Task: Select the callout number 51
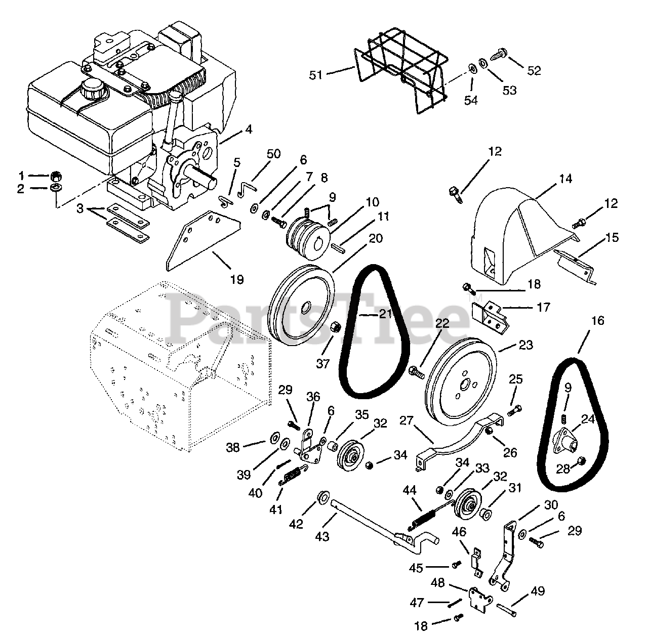[316, 75]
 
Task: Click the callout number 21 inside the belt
[386, 314]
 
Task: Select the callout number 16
[597, 321]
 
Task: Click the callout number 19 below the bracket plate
[236, 279]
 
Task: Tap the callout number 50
[273, 154]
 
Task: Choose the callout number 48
[438, 583]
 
